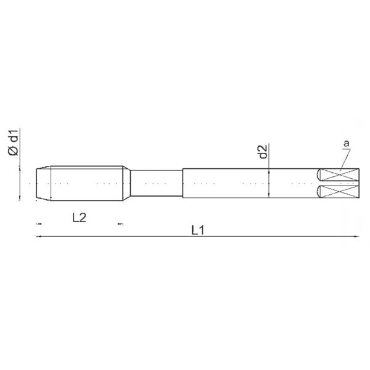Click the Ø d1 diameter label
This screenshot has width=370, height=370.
pos(13,143)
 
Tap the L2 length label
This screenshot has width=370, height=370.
pos(80,218)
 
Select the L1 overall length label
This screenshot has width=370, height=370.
pos(197,230)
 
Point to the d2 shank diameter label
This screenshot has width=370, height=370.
pos(263,152)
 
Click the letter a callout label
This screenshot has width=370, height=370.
pos(346,143)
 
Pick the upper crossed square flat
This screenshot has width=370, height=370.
pos(340,175)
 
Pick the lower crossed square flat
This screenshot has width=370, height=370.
pos(340,191)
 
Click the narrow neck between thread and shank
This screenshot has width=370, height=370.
pos(157,183)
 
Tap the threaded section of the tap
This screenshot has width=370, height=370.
pos(86,183)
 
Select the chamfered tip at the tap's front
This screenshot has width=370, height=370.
pos(43,183)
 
